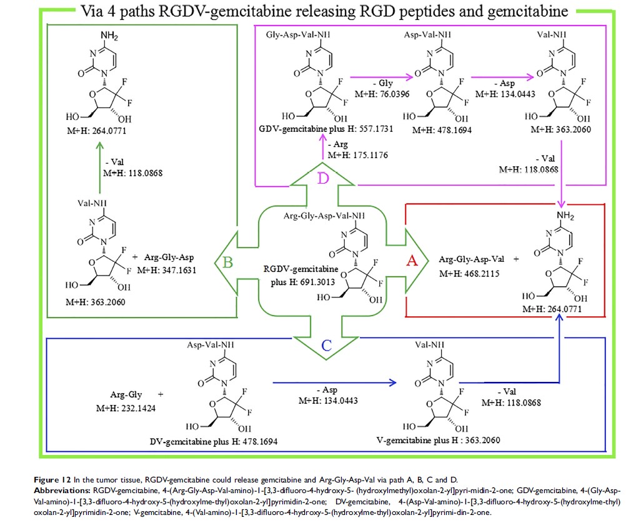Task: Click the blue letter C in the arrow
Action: (x=319, y=342)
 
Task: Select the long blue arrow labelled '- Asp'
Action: (x=334, y=380)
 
